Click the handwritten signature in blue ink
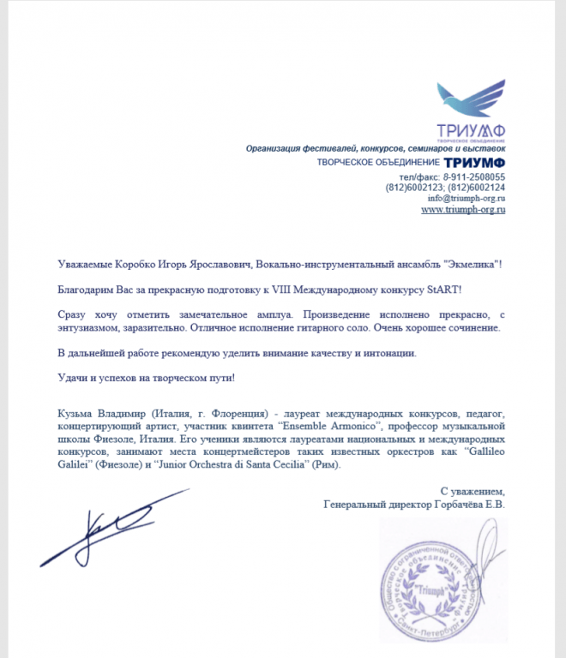111,524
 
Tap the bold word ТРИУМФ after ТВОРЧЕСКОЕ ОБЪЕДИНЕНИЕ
474,163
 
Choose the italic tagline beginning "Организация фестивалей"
376,148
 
